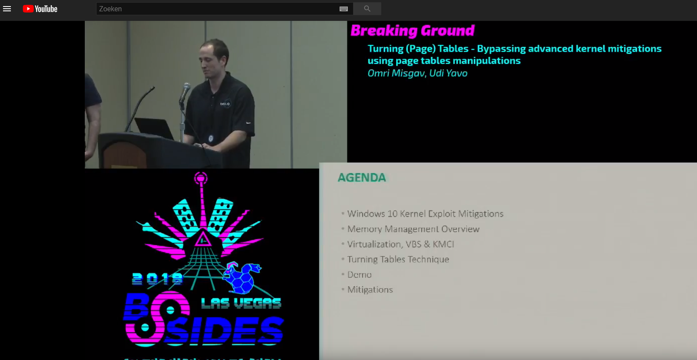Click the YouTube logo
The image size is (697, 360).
(x=40, y=9)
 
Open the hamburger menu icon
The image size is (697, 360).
(x=7, y=9)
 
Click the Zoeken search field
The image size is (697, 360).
(x=217, y=9)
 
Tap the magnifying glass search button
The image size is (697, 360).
(x=367, y=9)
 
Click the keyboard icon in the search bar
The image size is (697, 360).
(x=343, y=9)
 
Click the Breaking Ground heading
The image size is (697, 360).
(x=412, y=30)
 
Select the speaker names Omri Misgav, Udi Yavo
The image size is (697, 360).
(x=417, y=73)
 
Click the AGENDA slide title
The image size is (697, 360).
(x=362, y=177)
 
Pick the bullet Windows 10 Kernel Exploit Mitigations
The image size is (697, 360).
(x=425, y=213)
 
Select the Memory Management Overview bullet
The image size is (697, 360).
(x=413, y=229)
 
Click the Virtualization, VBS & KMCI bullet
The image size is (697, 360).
(x=400, y=244)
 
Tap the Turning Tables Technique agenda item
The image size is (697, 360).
(x=398, y=259)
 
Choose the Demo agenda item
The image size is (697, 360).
(x=359, y=274)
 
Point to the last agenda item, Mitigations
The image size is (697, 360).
(x=370, y=290)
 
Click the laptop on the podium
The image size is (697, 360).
(x=154, y=128)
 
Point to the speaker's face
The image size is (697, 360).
(x=213, y=59)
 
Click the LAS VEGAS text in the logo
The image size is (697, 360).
(x=241, y=303)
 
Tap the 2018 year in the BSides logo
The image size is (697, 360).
(x=157, y=278)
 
